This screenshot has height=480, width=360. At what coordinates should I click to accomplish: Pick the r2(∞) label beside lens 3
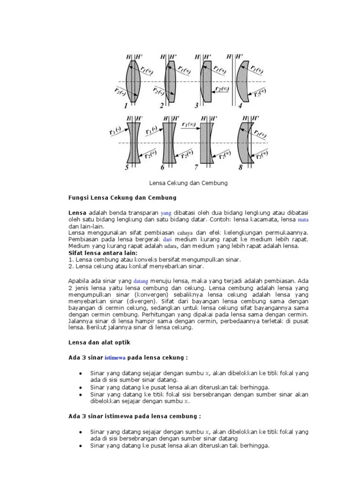click(x=222, y=89)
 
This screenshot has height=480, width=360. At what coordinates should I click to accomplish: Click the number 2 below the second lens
click(x=161, y=106)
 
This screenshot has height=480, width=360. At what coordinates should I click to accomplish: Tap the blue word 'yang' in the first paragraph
click(x=166, y=213)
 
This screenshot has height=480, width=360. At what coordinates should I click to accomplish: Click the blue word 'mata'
click(x=304, y=219)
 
